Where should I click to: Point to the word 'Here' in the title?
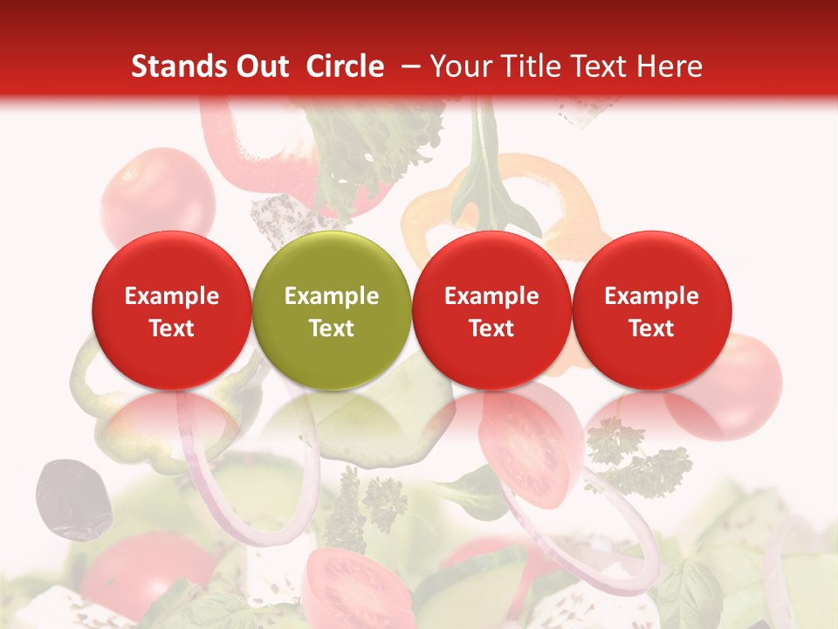click(670, 66)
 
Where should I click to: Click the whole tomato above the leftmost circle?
click(157, 197)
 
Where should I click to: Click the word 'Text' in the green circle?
click(332, 328)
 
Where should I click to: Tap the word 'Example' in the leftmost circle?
click(171, 296)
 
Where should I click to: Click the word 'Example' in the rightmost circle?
click(651, 296)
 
